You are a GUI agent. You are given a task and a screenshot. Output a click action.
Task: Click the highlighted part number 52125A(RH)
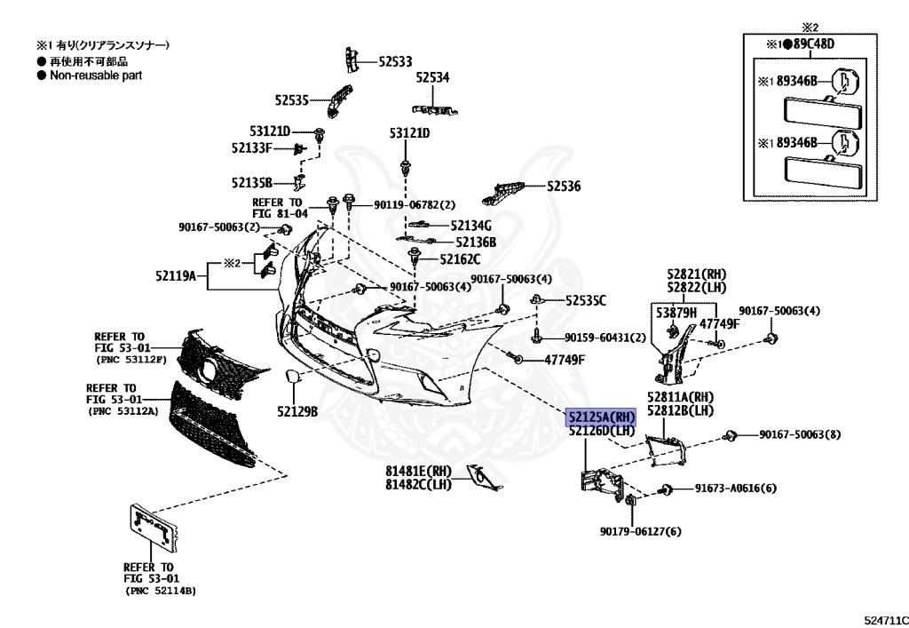point(602,416)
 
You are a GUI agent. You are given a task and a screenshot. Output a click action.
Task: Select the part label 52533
point(395,61)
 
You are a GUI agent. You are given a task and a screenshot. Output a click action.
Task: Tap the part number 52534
point(432,78)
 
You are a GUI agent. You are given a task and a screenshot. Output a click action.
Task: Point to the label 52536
point(564,187)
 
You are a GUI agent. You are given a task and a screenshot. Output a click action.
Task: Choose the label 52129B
point(296,411)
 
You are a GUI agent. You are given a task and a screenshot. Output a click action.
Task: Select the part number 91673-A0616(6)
point(735,489)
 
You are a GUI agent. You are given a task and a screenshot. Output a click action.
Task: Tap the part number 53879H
point(676,313)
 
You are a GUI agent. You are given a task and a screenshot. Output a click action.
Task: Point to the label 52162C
point(460,259)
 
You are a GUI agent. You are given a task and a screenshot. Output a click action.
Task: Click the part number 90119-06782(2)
point(414,205)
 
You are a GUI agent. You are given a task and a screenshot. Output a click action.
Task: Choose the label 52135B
point(252,182)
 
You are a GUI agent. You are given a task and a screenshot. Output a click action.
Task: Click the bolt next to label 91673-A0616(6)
point(667,489)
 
